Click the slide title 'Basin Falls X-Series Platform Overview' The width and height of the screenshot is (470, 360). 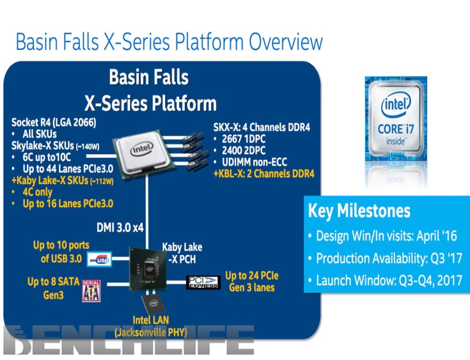pos(169,42)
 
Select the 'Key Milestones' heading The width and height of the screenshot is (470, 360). pos(359,211)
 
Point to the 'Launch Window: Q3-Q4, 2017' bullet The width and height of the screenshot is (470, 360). pos(389,280)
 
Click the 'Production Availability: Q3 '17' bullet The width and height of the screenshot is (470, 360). pos(388,258)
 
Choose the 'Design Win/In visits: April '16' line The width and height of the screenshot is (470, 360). pos(387,236)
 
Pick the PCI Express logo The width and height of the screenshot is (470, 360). pos(203,282)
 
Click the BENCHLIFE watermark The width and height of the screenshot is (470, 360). pos(128,341)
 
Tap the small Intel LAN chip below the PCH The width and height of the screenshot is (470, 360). pos(153,304)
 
